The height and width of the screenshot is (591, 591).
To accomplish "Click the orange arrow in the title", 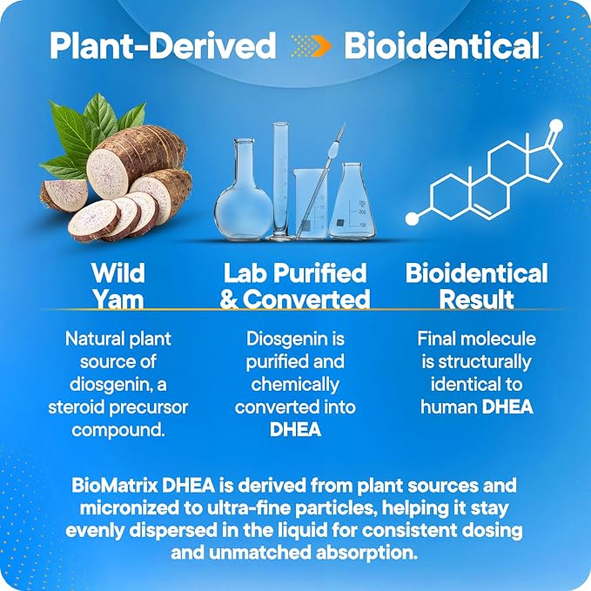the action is tap(320, 46).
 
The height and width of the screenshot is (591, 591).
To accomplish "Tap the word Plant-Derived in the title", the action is tap(163, 45).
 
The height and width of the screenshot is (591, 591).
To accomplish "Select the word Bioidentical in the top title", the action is tap(442, 45).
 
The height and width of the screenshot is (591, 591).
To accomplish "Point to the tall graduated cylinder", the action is tap(281, 181).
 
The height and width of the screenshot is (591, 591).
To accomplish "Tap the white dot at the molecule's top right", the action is tap(556, 126).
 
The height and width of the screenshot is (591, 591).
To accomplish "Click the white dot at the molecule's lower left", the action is tap(412, 219).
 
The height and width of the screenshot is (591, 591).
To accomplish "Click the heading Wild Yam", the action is tap(118, 286).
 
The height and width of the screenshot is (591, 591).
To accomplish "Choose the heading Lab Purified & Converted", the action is tap(295, 286).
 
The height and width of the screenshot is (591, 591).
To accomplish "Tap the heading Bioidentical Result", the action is tap(476, 286).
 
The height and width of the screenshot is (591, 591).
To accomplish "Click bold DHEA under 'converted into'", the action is tap(296, 430).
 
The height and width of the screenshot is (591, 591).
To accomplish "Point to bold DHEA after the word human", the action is tap(507, 407).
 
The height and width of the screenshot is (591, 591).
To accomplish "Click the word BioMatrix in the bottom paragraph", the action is tap(115, 486).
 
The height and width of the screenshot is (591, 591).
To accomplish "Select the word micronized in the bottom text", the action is tap(130, 507).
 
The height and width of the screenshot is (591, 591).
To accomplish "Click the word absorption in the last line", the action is tap(366, 553).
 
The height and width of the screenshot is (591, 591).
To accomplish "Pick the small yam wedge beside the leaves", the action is tap(64, 194).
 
